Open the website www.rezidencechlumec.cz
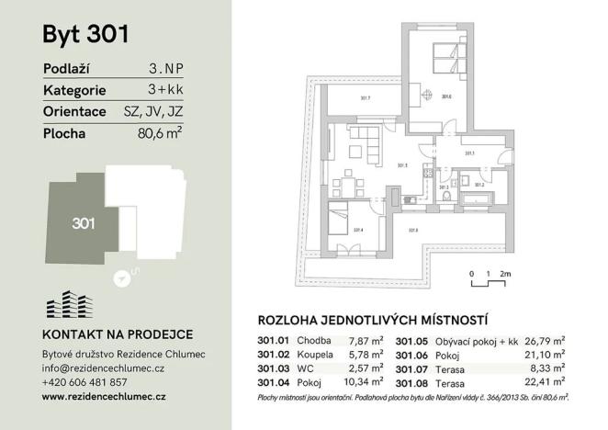104,396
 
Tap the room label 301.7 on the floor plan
365,97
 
